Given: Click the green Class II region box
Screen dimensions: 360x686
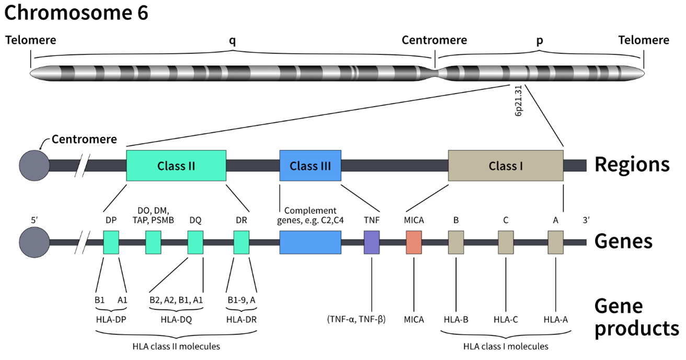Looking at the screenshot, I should (x=176, y=166).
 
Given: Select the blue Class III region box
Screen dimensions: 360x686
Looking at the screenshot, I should (x=310, y=166).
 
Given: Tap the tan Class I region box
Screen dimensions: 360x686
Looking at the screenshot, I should (x=506, y=166).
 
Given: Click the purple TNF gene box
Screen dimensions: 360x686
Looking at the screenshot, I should (x=371, y=242).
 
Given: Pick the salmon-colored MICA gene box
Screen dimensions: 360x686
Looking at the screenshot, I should (x=414, y=242).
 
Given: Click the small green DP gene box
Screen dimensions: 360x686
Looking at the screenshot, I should (x=111, y=242).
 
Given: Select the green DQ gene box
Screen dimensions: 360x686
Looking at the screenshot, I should (x=195, y=242).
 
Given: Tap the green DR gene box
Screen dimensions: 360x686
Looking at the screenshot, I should (x=241, y=242).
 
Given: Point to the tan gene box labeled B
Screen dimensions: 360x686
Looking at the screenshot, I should (x=456, y=242).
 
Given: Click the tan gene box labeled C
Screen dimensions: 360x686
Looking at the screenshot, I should (x=506, y=242).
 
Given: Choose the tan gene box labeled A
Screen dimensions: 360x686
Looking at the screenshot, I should (x=555, y=242).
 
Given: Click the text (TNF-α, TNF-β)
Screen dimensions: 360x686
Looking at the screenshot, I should (x=357, y=319).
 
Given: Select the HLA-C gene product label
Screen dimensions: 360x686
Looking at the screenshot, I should (x=506, y=319).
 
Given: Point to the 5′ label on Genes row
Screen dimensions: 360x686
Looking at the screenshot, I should (x=35, y=220).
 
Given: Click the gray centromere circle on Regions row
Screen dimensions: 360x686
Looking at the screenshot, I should (x=34, y=166).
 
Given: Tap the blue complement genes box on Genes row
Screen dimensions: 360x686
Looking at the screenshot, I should (x=310, y=242).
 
